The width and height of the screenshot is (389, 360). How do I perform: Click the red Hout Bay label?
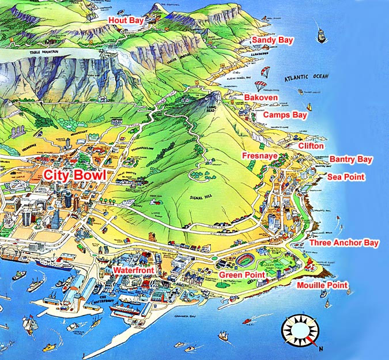(126, 20)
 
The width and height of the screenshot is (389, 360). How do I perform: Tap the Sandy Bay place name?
(273, 40)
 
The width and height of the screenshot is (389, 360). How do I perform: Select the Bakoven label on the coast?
(261, 98)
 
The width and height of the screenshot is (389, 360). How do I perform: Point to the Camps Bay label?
(285, 115)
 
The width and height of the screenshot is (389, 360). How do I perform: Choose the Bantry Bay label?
(351, 159)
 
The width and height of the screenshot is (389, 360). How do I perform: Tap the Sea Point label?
(346, 177)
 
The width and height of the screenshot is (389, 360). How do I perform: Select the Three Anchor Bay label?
(344, 243)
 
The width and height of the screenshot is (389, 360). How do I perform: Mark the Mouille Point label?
(323, 285)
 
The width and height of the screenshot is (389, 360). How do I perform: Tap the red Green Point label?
(241, 275)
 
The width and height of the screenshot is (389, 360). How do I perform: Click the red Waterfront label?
(133, 270)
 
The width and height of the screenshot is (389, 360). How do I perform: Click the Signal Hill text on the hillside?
(201, 198)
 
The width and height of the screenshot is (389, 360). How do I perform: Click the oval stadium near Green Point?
(249, 260)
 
